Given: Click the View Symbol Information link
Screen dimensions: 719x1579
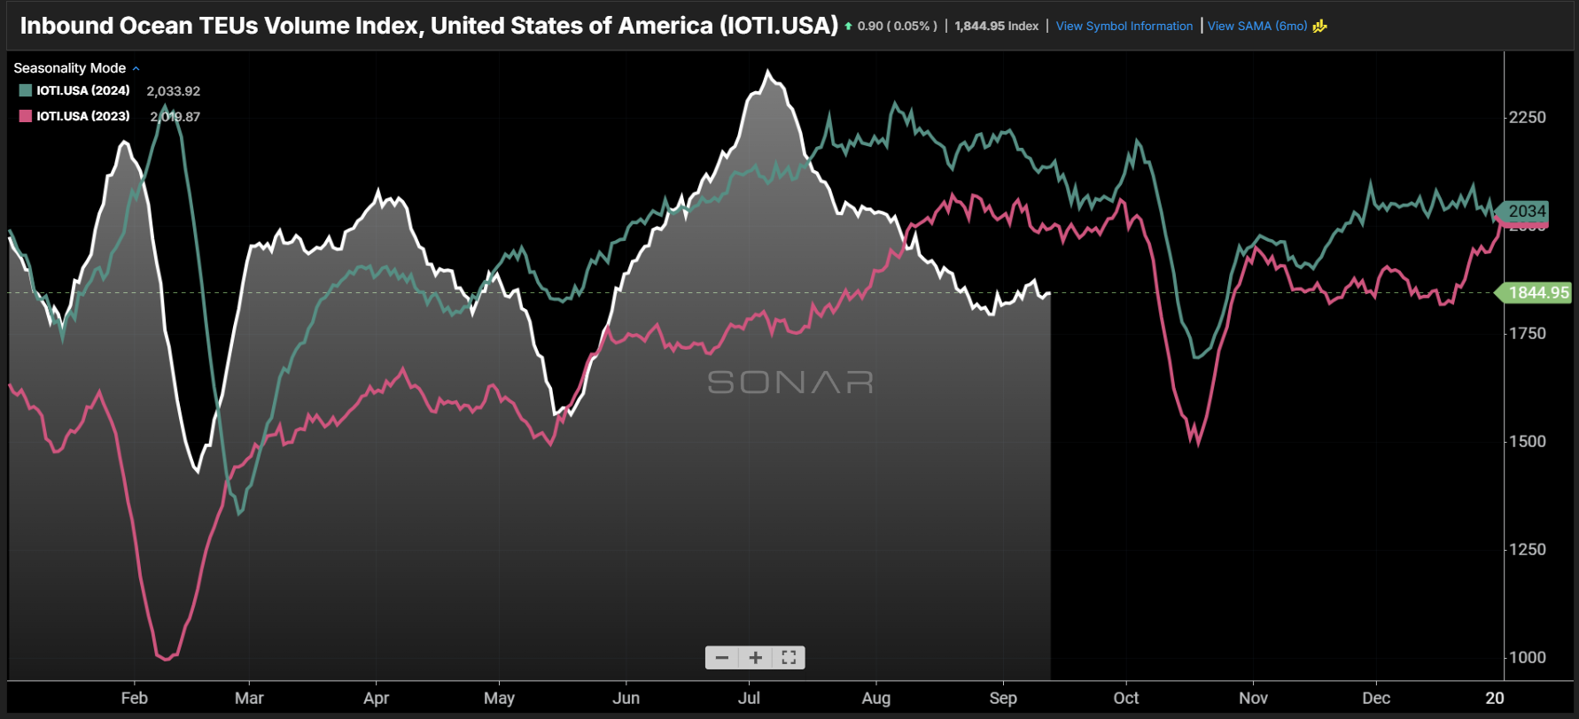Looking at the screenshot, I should pyautogui.click(x=1124, y=26).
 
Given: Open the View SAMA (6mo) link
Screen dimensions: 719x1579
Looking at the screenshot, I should pyautogui.click(x=1256, y=26).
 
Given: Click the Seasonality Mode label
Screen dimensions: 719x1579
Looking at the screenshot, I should pyautogui.click(x=70, y=68).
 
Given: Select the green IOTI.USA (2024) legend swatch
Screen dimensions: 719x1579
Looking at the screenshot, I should pyautogui.click(x=26, y=90).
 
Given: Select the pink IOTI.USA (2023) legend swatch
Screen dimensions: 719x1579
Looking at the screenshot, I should pyautogui.click(x=26, y=116).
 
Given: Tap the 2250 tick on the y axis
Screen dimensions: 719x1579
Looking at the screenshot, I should pyautogui.click(x=1528, y=117).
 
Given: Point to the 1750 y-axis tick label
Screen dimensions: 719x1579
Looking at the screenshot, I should pyautogui.click(x=1528, y=333).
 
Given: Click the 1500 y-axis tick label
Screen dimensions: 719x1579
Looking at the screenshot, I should pyautogui.click(x=1528, y=441).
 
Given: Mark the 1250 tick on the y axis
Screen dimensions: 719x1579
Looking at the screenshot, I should pyautogui.click(x=1528, y=549).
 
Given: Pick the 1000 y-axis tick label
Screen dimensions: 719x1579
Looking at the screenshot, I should pyautogui.click(x=1528, y=657).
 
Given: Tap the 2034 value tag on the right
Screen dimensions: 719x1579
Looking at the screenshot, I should pyautogui.click(x=1526, y=211).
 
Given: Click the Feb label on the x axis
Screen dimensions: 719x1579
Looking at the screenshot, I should pyautogui.click(x=135, y=698).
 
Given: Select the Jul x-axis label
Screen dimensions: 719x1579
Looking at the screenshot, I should pyautogui.click(x=750, y=698).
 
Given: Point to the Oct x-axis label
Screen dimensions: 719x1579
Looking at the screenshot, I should pyautogui.click(x=1126, y=698).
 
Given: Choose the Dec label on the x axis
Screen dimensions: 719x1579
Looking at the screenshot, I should pyautogui.click(x=1376, y=698).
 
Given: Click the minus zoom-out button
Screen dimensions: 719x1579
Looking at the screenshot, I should pyautogui.click(x=722, y=657).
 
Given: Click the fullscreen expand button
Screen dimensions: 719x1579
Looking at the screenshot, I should pyautogui.click(x=789, y=657).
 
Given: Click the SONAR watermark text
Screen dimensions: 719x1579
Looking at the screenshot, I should pyautogui.click(x=790, y=382).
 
